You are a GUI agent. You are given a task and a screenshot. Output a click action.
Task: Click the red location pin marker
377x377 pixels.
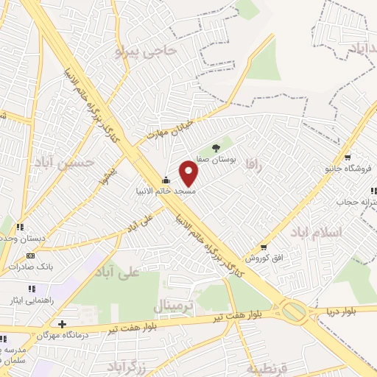pos(189,174)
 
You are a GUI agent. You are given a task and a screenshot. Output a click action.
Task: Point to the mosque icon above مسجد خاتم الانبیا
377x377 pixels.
pos(166,180)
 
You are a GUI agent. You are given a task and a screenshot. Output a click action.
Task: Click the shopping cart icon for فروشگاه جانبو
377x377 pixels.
pos(348,157)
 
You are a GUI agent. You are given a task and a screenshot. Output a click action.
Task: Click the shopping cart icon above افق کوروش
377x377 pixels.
pos(264,248)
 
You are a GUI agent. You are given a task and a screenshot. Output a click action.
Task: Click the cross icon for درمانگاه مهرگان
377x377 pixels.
pos(63,324)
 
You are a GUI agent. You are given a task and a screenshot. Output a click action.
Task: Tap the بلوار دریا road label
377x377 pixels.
pos(343,310)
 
